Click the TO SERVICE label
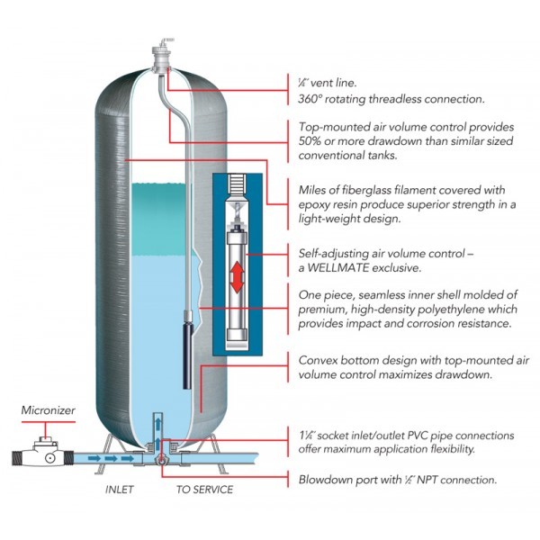[x=203, y=490]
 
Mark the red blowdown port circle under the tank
[x=160, y=462]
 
